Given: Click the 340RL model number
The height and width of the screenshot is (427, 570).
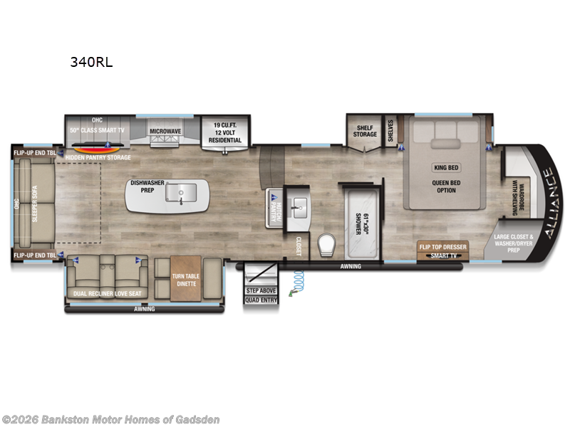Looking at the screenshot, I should pos(90,62).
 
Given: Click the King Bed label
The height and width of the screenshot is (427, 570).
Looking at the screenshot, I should pos(445,168).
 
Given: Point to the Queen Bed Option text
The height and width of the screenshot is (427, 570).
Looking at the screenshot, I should pos(445,186).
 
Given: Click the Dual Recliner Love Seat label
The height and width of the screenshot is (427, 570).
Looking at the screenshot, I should pos(108,292).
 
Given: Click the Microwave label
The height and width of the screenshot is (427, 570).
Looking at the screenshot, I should pos(165,131).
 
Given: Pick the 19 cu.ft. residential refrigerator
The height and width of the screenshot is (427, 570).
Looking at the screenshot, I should pos(224,131).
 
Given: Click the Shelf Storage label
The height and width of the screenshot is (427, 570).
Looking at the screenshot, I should pos(365,132).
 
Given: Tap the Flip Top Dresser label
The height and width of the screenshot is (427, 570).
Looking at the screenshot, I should pos(442,247).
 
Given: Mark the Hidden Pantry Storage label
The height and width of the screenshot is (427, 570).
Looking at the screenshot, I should pos(98,157).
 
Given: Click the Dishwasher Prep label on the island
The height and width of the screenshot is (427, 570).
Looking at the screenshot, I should pos(147,187).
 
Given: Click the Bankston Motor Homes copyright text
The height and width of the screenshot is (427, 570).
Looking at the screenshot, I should pos(111,419).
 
